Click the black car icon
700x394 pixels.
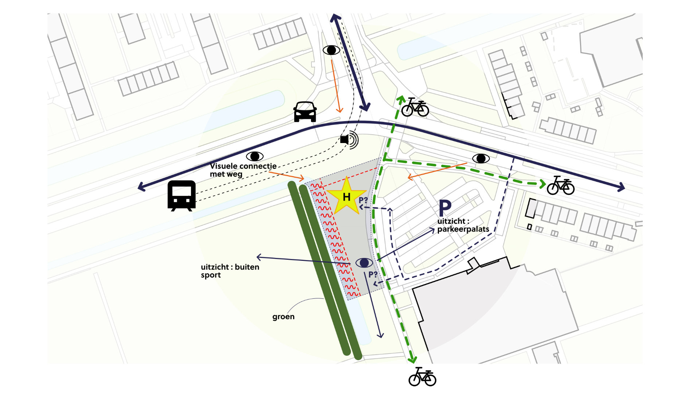(305, 112)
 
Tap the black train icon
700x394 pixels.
(182, 196)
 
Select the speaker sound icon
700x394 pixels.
(349, 139)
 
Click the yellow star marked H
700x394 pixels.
(346, 197)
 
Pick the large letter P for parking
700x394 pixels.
(445, 208)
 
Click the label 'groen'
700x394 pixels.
(283, 317)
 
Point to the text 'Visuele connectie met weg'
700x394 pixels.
(243, 170)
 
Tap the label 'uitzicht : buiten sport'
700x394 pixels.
(230, 271)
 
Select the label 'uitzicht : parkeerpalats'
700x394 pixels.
(463, 225)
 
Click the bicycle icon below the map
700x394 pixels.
(422, 377)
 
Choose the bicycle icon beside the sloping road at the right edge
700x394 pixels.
(561, 185)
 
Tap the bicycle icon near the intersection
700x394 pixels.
(415, 107)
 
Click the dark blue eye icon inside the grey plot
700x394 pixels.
(364, 263)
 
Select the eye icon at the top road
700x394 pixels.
(331, 50)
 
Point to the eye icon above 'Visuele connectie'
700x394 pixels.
(255, 157)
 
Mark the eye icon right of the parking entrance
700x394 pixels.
(481, 158)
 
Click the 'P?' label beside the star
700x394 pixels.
(363, 200)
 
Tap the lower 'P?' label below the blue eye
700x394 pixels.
(373, 274)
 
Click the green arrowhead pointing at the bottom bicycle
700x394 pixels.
(412, 359)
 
